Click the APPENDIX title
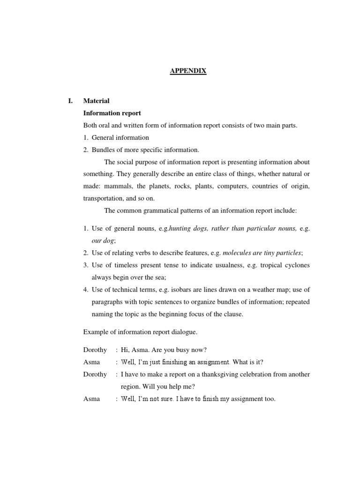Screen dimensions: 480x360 [187, 71]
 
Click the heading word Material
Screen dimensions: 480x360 [96, 101]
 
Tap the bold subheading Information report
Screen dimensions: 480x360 [112, 113]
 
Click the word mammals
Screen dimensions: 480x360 [117, 186]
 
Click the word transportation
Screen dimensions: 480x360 [104, 198]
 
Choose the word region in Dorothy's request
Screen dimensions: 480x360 [130, 387]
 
